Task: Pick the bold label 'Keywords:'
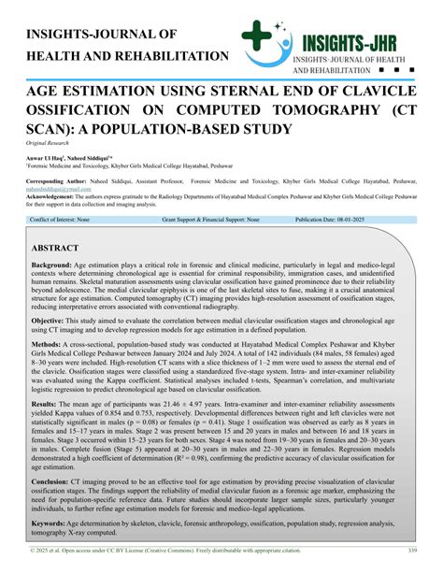[52, 523]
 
